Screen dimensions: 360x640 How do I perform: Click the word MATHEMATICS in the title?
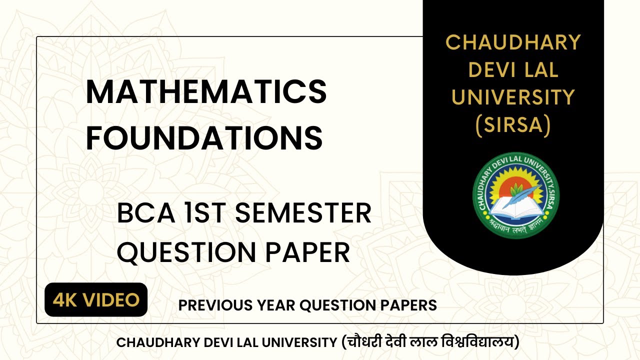pos(206,92)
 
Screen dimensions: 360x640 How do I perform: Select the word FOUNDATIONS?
pos(204,138)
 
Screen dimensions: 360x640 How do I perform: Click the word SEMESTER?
pos(303,214)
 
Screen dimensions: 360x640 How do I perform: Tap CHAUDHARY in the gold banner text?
pos(513,42)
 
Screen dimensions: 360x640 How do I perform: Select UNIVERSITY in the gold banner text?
pos(513,98)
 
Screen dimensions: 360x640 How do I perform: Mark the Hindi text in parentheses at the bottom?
pos(430,342)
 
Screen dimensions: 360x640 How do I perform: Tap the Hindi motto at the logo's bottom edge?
pos(515,226)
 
